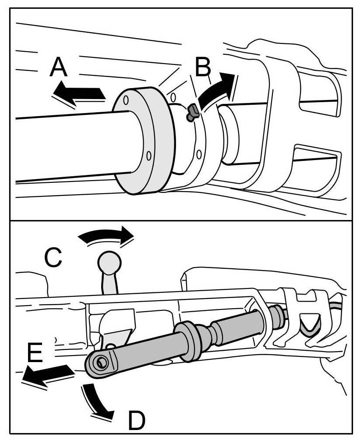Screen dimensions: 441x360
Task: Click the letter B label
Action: pos(203,68)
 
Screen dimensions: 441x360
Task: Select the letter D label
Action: pos(136,421)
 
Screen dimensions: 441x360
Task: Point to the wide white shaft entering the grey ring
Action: pos(66,147)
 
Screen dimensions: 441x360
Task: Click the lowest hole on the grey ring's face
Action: pos(149,156)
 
